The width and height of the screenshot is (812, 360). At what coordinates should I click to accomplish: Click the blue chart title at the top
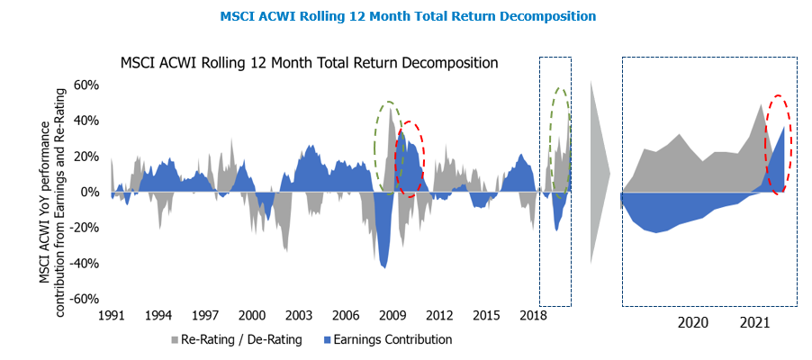(x=408, y=16)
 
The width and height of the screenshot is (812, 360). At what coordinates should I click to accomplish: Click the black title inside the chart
(x=310, y=64)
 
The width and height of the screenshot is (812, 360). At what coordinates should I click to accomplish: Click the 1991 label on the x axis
(x=111, y=316)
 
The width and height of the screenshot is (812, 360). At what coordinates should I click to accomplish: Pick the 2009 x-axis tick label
(x=392, y=316)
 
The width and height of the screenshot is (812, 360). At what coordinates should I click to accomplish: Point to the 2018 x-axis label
(x=533, y=316)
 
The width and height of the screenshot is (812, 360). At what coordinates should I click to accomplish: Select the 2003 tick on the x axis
(x=298, y=316)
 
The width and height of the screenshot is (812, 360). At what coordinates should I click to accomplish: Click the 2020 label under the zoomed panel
(x=692, y=322)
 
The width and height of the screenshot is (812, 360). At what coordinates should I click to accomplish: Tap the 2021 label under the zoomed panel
(x=754, y=322)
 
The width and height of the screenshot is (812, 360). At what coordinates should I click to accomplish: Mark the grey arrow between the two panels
(x=599, y=171)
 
